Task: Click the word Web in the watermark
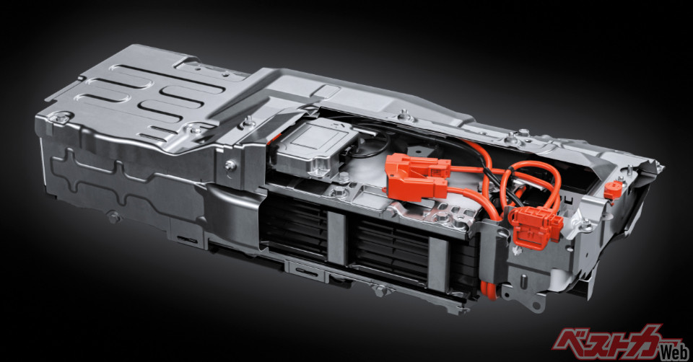(x=674, y=352)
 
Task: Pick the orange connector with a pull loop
(x=535, y=227)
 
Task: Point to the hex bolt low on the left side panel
(x=113, y=216)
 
